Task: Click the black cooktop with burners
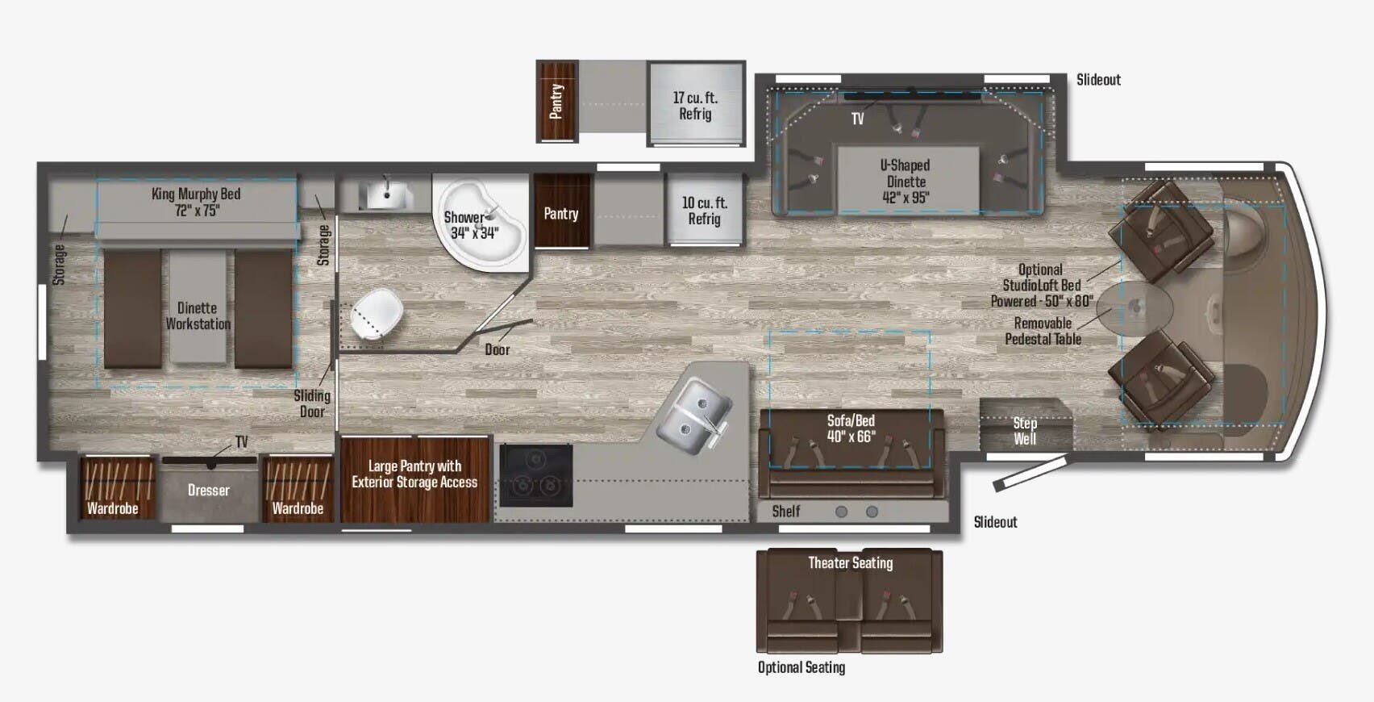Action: tap(536, 475)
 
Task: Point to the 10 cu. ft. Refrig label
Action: tap(704, 211)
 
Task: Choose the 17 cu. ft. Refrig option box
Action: tap(695, 105)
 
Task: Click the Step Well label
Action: tap(1025, 431)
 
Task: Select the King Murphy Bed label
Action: tap(196, 202)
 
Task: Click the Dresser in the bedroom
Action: tap(208, 490)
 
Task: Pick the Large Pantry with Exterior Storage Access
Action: tap(414, 474)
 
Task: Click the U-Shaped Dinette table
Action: tap(907, 181)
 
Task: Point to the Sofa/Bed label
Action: tap(851, 428)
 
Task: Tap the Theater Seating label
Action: tap(850, 563)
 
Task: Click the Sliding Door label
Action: tap(312, 403)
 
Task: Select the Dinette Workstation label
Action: tap(198, 315)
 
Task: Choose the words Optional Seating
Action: tap(801, 667)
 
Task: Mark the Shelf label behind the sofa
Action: tap(786, 512)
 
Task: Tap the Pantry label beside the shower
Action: tap(561, 214)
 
